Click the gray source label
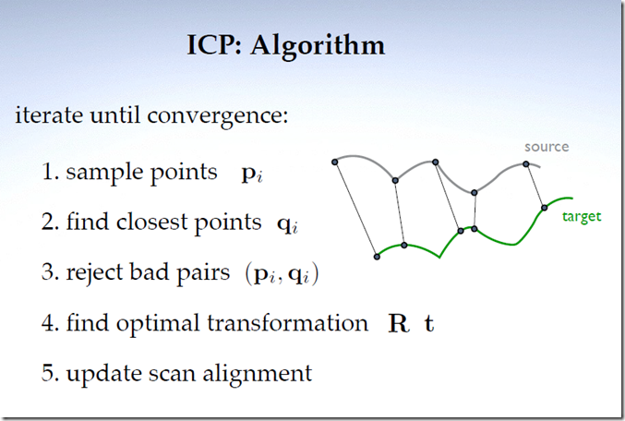click(x=547, y=147)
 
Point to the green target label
click(x=582, y=217)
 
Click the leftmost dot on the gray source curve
click(x=334, y=161)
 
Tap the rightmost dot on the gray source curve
click(x=526, y=164)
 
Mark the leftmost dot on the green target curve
click(x=376, y=256)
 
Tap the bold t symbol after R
click(x=429, y=325)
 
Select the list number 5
click(x=48, y=374)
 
